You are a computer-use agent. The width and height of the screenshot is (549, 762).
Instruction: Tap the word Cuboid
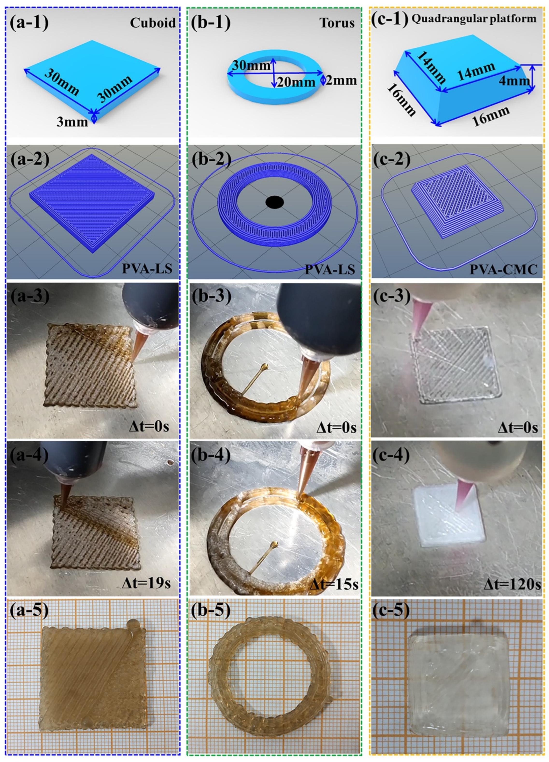point(153,23)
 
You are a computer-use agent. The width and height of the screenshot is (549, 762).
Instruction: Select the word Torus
point(337,23)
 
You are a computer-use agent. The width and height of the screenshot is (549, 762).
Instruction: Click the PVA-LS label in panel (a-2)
point(147,269)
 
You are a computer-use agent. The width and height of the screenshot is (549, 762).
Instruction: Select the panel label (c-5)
point(391,612)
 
